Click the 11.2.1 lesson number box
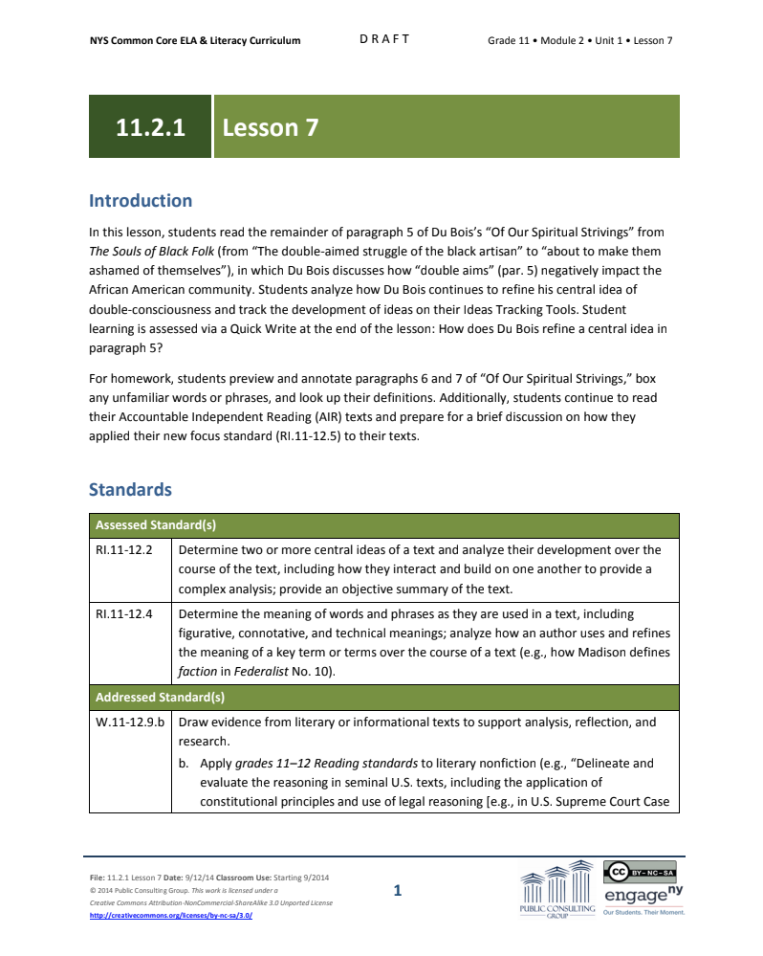coord(150,127)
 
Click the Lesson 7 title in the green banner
coord(271,127)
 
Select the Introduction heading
coord(141,201)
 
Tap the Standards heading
coord(130,490)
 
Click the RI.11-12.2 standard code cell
coord(125,550)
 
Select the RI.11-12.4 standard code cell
coord(125,614)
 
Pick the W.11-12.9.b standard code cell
coord(130,723)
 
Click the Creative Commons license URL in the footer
coord(171,915)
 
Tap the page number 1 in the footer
coord(398,892)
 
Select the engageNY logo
coord(643,897)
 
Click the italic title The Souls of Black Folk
coord(146,252)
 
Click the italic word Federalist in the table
coord(260,672)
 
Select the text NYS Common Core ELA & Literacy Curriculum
coord(195,40)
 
